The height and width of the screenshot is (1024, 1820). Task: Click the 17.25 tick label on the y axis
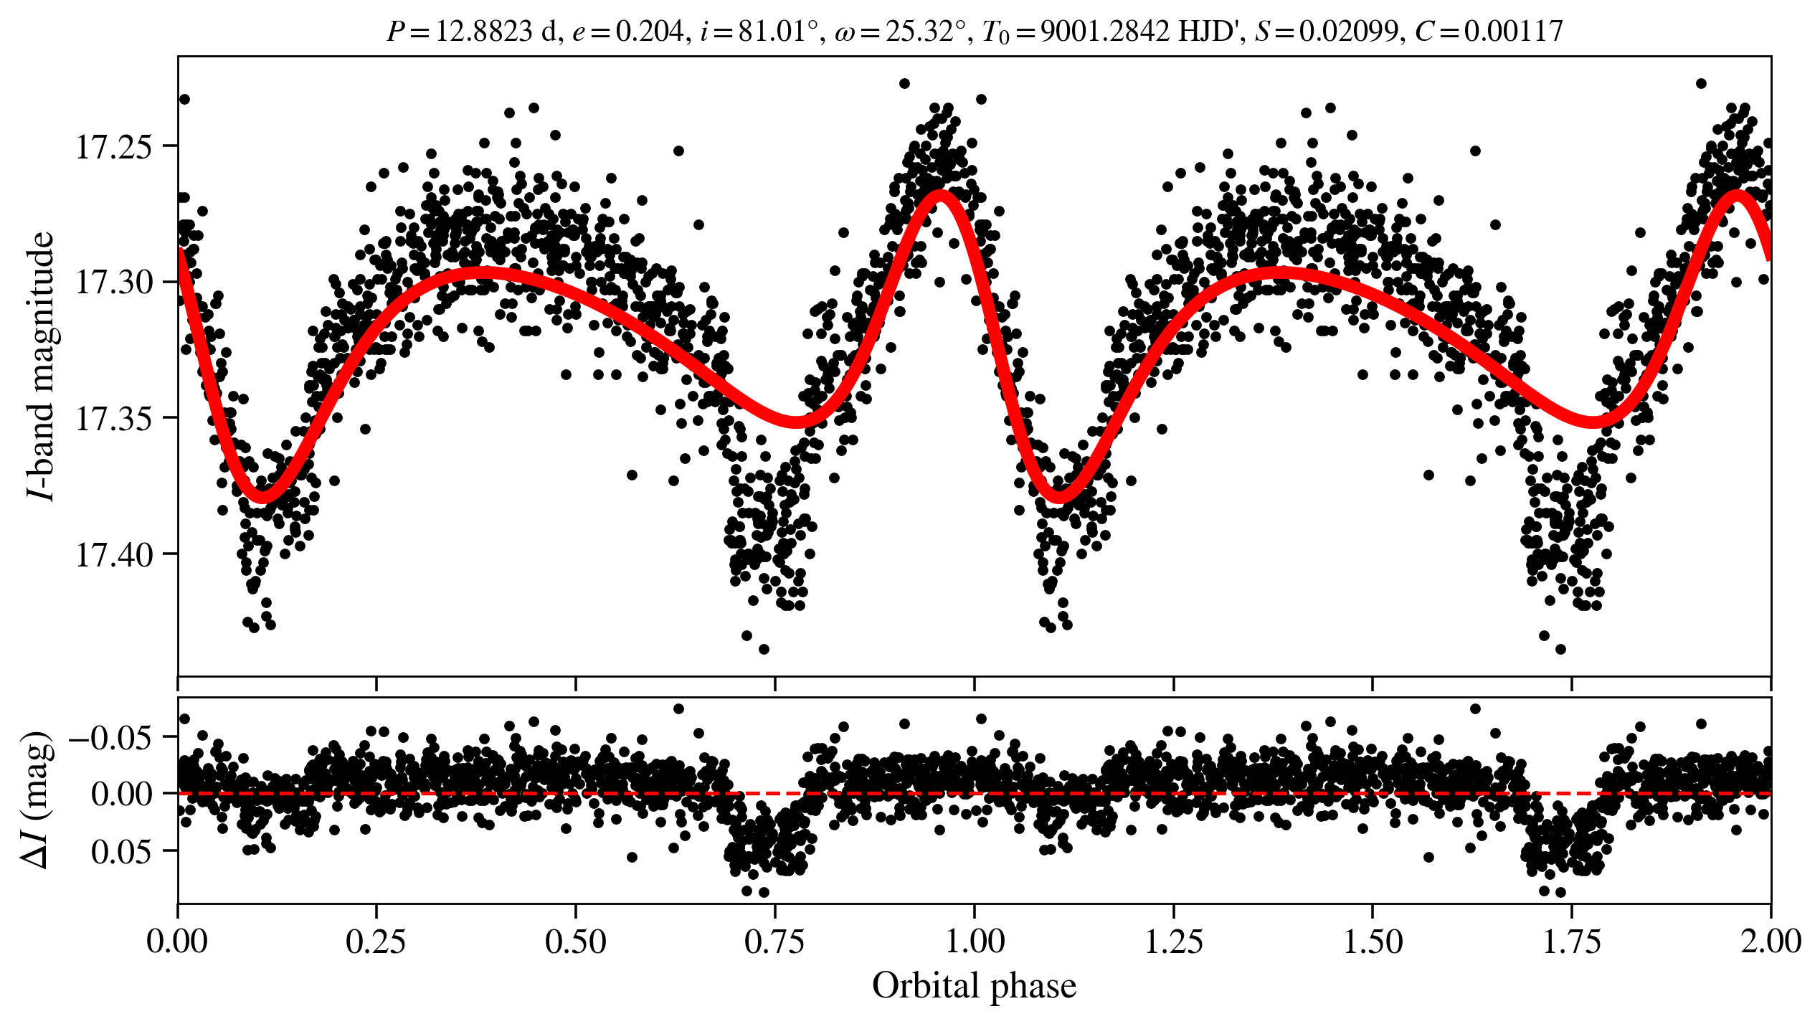click(114, 147)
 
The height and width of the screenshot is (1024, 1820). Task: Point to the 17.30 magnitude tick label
click(114, 283)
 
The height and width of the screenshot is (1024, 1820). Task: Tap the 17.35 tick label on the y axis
click(114, 419)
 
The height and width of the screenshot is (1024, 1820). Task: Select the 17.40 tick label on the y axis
click(114, 555)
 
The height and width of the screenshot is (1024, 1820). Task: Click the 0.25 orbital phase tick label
click(376, 942)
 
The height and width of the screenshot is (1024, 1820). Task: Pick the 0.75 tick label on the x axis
click(774, 942)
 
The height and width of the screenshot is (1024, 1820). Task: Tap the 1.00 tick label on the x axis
click(974, 942)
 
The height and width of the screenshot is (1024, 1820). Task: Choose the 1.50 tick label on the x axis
click(1373, 942)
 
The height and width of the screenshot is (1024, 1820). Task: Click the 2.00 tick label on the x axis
click(1771, 942)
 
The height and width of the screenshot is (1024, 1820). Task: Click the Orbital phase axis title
click(974, 986)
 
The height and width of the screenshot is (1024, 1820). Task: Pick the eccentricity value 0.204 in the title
click(650, 32)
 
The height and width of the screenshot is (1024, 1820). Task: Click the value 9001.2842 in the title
click(1104, 32)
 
